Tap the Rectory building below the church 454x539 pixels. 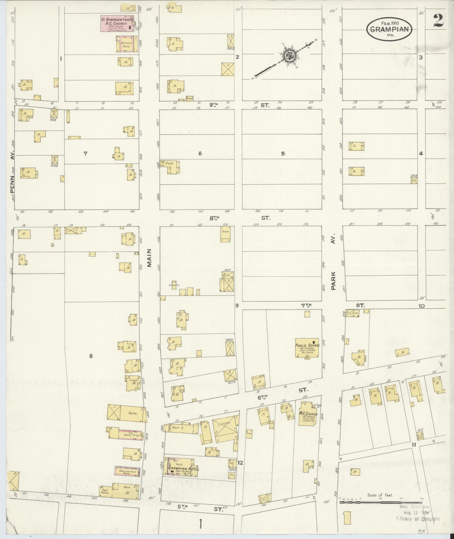click(x=127, y=44)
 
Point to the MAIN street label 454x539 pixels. click(x=149, y=258)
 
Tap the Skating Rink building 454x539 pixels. click(x=127, y=470)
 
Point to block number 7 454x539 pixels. click(x=85, y=153)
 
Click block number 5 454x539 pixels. click(x=283, y=153)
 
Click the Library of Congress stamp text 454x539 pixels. click(x=418, y=519)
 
